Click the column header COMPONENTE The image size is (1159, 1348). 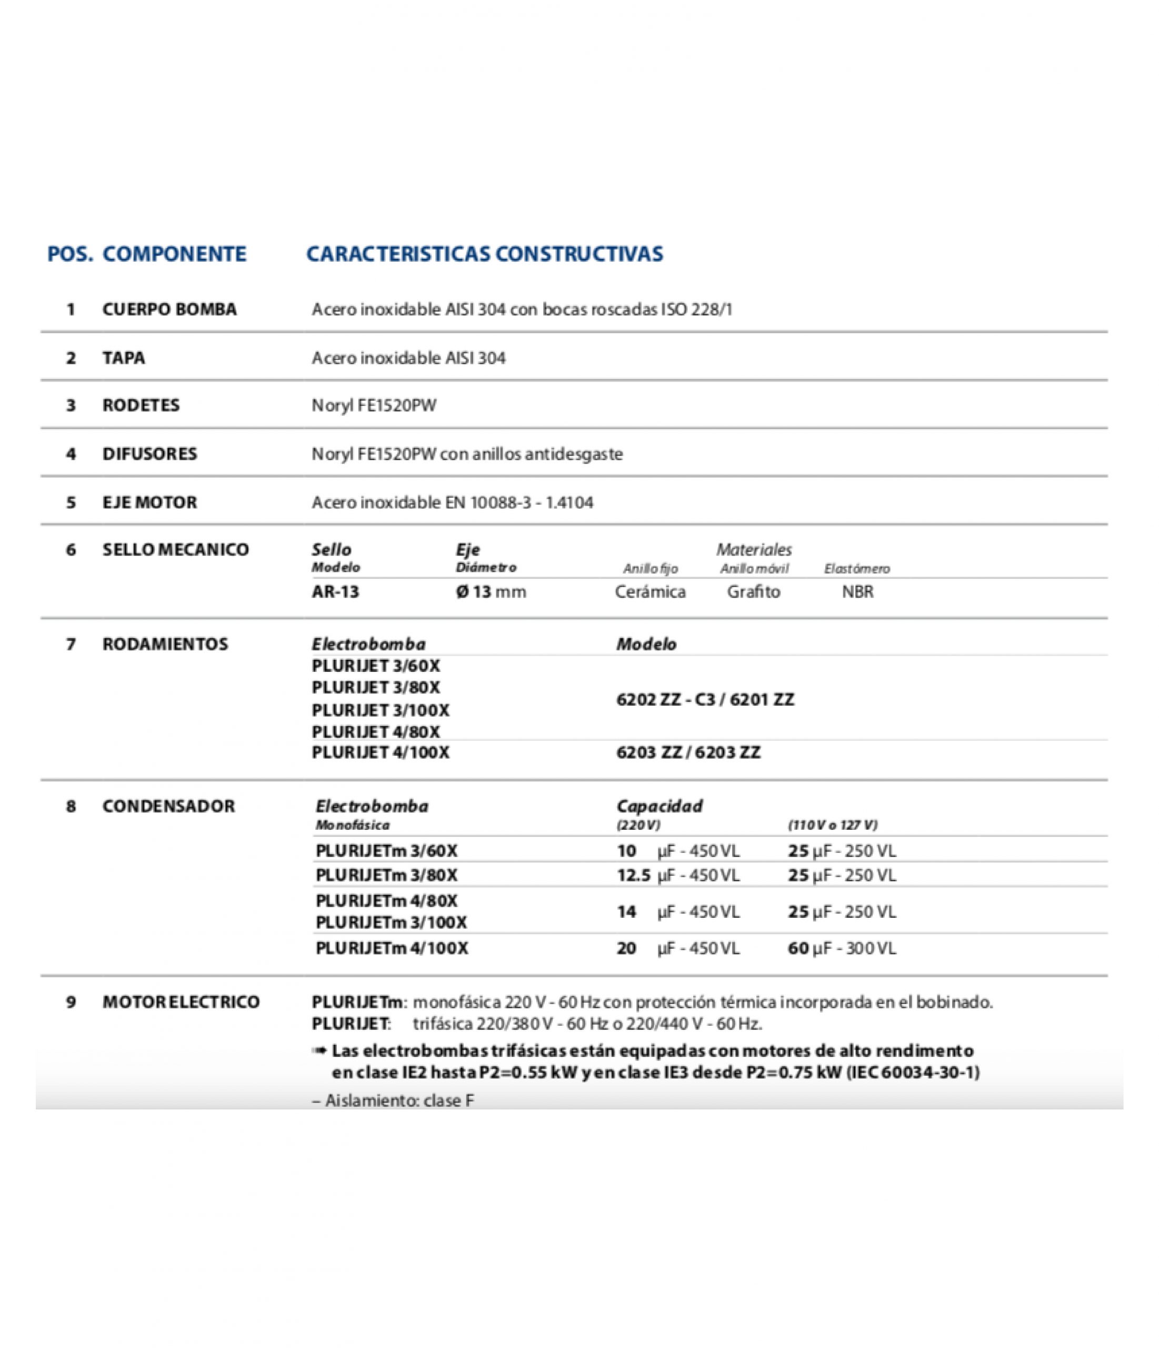click(x=174, y=254)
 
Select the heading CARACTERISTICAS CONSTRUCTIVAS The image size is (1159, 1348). click(x=485, y=254)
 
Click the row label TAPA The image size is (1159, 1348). click(x=124, y=358)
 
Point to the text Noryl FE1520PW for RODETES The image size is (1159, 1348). click(x=374, y=405)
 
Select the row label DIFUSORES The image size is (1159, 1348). click(x=149, y=453)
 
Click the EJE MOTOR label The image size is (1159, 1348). click(x=149, y=502)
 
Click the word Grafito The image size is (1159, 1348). click(x=753, y=592)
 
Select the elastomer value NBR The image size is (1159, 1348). click(x=857, y=592)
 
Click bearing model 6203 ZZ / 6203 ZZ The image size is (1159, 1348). click(x=688, y=752)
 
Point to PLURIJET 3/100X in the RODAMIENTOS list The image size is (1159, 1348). click(x=381, y=710)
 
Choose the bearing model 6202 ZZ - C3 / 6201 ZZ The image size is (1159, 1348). click(x=705, y=700)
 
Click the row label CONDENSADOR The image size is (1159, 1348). click(x=168, y=806)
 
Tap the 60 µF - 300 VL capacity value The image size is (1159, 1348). click(x=842, y=948)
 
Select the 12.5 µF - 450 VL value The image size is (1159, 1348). click(x=678, y=876)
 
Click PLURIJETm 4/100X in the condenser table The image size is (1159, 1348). click(x=392, y=948)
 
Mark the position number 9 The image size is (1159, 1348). click(x=71, y=1002)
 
